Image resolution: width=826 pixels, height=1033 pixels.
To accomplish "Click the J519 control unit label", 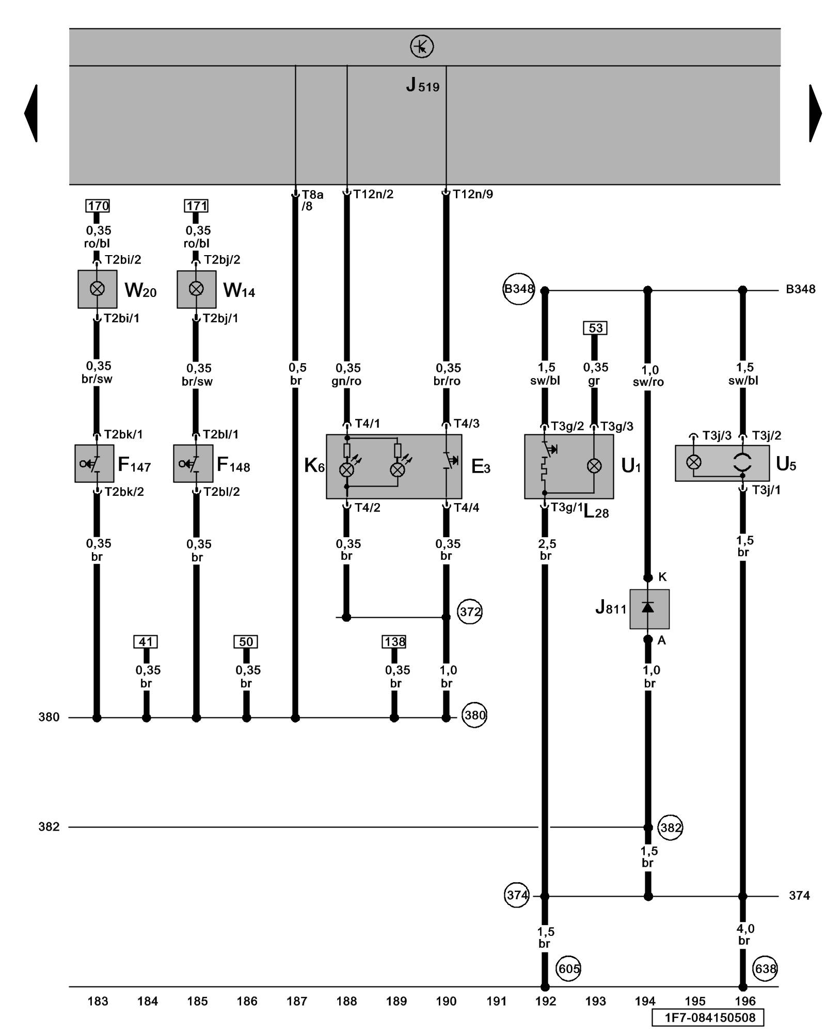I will point(422,85).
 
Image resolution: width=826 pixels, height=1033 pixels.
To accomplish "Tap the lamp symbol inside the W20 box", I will point(97,289).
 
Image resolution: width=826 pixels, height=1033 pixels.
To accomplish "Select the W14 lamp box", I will point(196,289).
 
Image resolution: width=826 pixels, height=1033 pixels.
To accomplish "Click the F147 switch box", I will point(94,463).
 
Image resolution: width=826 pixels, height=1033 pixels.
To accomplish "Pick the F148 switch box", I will point(193,463).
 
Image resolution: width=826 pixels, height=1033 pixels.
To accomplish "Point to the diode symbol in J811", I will point(648,608).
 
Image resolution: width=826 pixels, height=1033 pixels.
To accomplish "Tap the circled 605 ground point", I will point(569,968).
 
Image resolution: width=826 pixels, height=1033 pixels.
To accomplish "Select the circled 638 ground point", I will point(765,968).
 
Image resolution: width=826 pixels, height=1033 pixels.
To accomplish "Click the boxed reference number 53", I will point(595,328).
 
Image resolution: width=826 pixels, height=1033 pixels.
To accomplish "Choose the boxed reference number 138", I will point(394,641).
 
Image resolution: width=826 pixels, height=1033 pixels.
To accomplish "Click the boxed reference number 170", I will point(98,206).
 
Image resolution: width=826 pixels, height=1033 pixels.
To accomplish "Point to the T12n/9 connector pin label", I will point(472,194).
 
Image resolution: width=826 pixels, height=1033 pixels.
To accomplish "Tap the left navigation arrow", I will point(31,113).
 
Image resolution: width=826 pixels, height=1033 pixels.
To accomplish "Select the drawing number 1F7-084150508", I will point(707,1018).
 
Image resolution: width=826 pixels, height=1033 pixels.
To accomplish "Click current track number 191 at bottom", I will point(496,1001).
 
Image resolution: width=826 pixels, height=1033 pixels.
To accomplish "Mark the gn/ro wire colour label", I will point(346,381).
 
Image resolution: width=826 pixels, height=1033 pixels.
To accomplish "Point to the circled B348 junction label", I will point(519,289).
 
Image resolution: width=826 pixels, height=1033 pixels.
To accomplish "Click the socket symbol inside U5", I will point(742,462).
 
